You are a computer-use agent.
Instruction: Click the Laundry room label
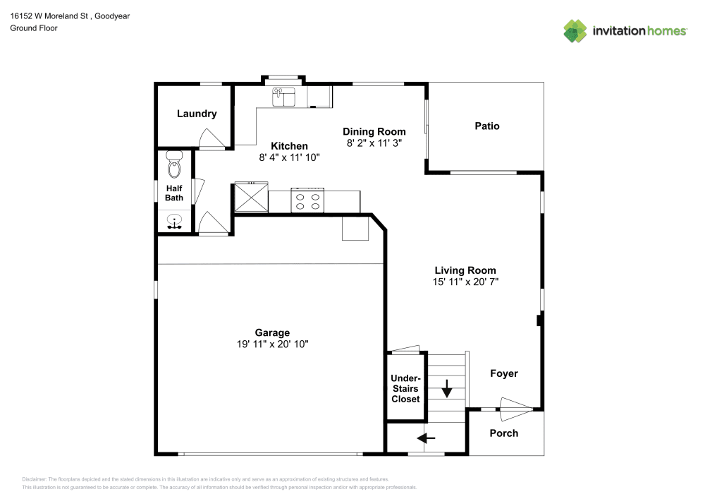point(197,114)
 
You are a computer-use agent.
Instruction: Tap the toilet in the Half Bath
point(174,166)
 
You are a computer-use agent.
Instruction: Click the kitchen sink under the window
point(285,96)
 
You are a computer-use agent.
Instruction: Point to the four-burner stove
point(307,201)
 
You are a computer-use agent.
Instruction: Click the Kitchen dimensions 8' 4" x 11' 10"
point(290,158)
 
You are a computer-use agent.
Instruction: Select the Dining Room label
point(374,131)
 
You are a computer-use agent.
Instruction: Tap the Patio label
point(486,126)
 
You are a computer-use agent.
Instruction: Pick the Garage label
point(272,332)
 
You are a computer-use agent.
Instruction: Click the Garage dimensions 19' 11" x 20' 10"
point(272,344)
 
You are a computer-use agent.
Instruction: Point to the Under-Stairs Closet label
point(405,388)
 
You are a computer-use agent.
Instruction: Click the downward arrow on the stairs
point(447,388)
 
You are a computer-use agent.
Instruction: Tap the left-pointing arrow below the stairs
point(427,438)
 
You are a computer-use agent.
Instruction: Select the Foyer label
point(504,373)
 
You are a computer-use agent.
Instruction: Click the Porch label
point(504,433)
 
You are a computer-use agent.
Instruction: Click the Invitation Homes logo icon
point(575,30)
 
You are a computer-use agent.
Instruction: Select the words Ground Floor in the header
point(34,28)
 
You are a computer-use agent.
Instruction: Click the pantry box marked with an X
point(251,197)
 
